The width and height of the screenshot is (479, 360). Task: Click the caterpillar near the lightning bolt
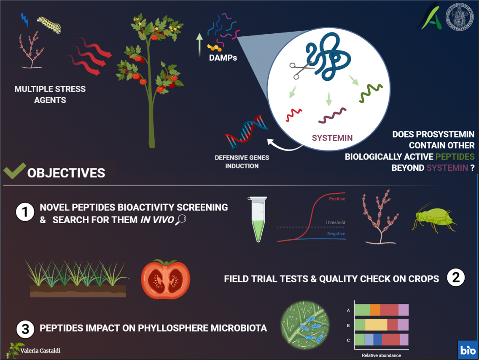[49, 25]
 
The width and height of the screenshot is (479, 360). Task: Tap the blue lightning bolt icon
[24, 19]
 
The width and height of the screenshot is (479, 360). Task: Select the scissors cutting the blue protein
[301, 70]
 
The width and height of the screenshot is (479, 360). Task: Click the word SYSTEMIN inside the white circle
[332, 138]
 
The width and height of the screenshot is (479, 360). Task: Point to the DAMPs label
[223, 58]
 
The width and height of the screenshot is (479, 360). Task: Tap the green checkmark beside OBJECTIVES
[15, 171]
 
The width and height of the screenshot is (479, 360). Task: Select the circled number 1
[25, 212]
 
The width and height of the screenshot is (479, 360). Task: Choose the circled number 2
[456, 277]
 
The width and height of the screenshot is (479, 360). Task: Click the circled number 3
[25, 329]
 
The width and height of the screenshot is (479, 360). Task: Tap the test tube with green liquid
[258, 219]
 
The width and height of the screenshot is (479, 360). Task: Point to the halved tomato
[165, 279]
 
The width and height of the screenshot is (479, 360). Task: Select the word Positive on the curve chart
[337, 199]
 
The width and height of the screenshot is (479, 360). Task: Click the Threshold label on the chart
[335, 222]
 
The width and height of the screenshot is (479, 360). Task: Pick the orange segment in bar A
[375, 310]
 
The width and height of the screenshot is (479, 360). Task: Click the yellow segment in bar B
[376, 325]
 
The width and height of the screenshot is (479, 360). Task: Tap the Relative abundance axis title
[381, 355]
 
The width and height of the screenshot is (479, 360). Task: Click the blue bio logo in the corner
[468, 349]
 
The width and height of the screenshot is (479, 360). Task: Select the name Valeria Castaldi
[40, 351]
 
